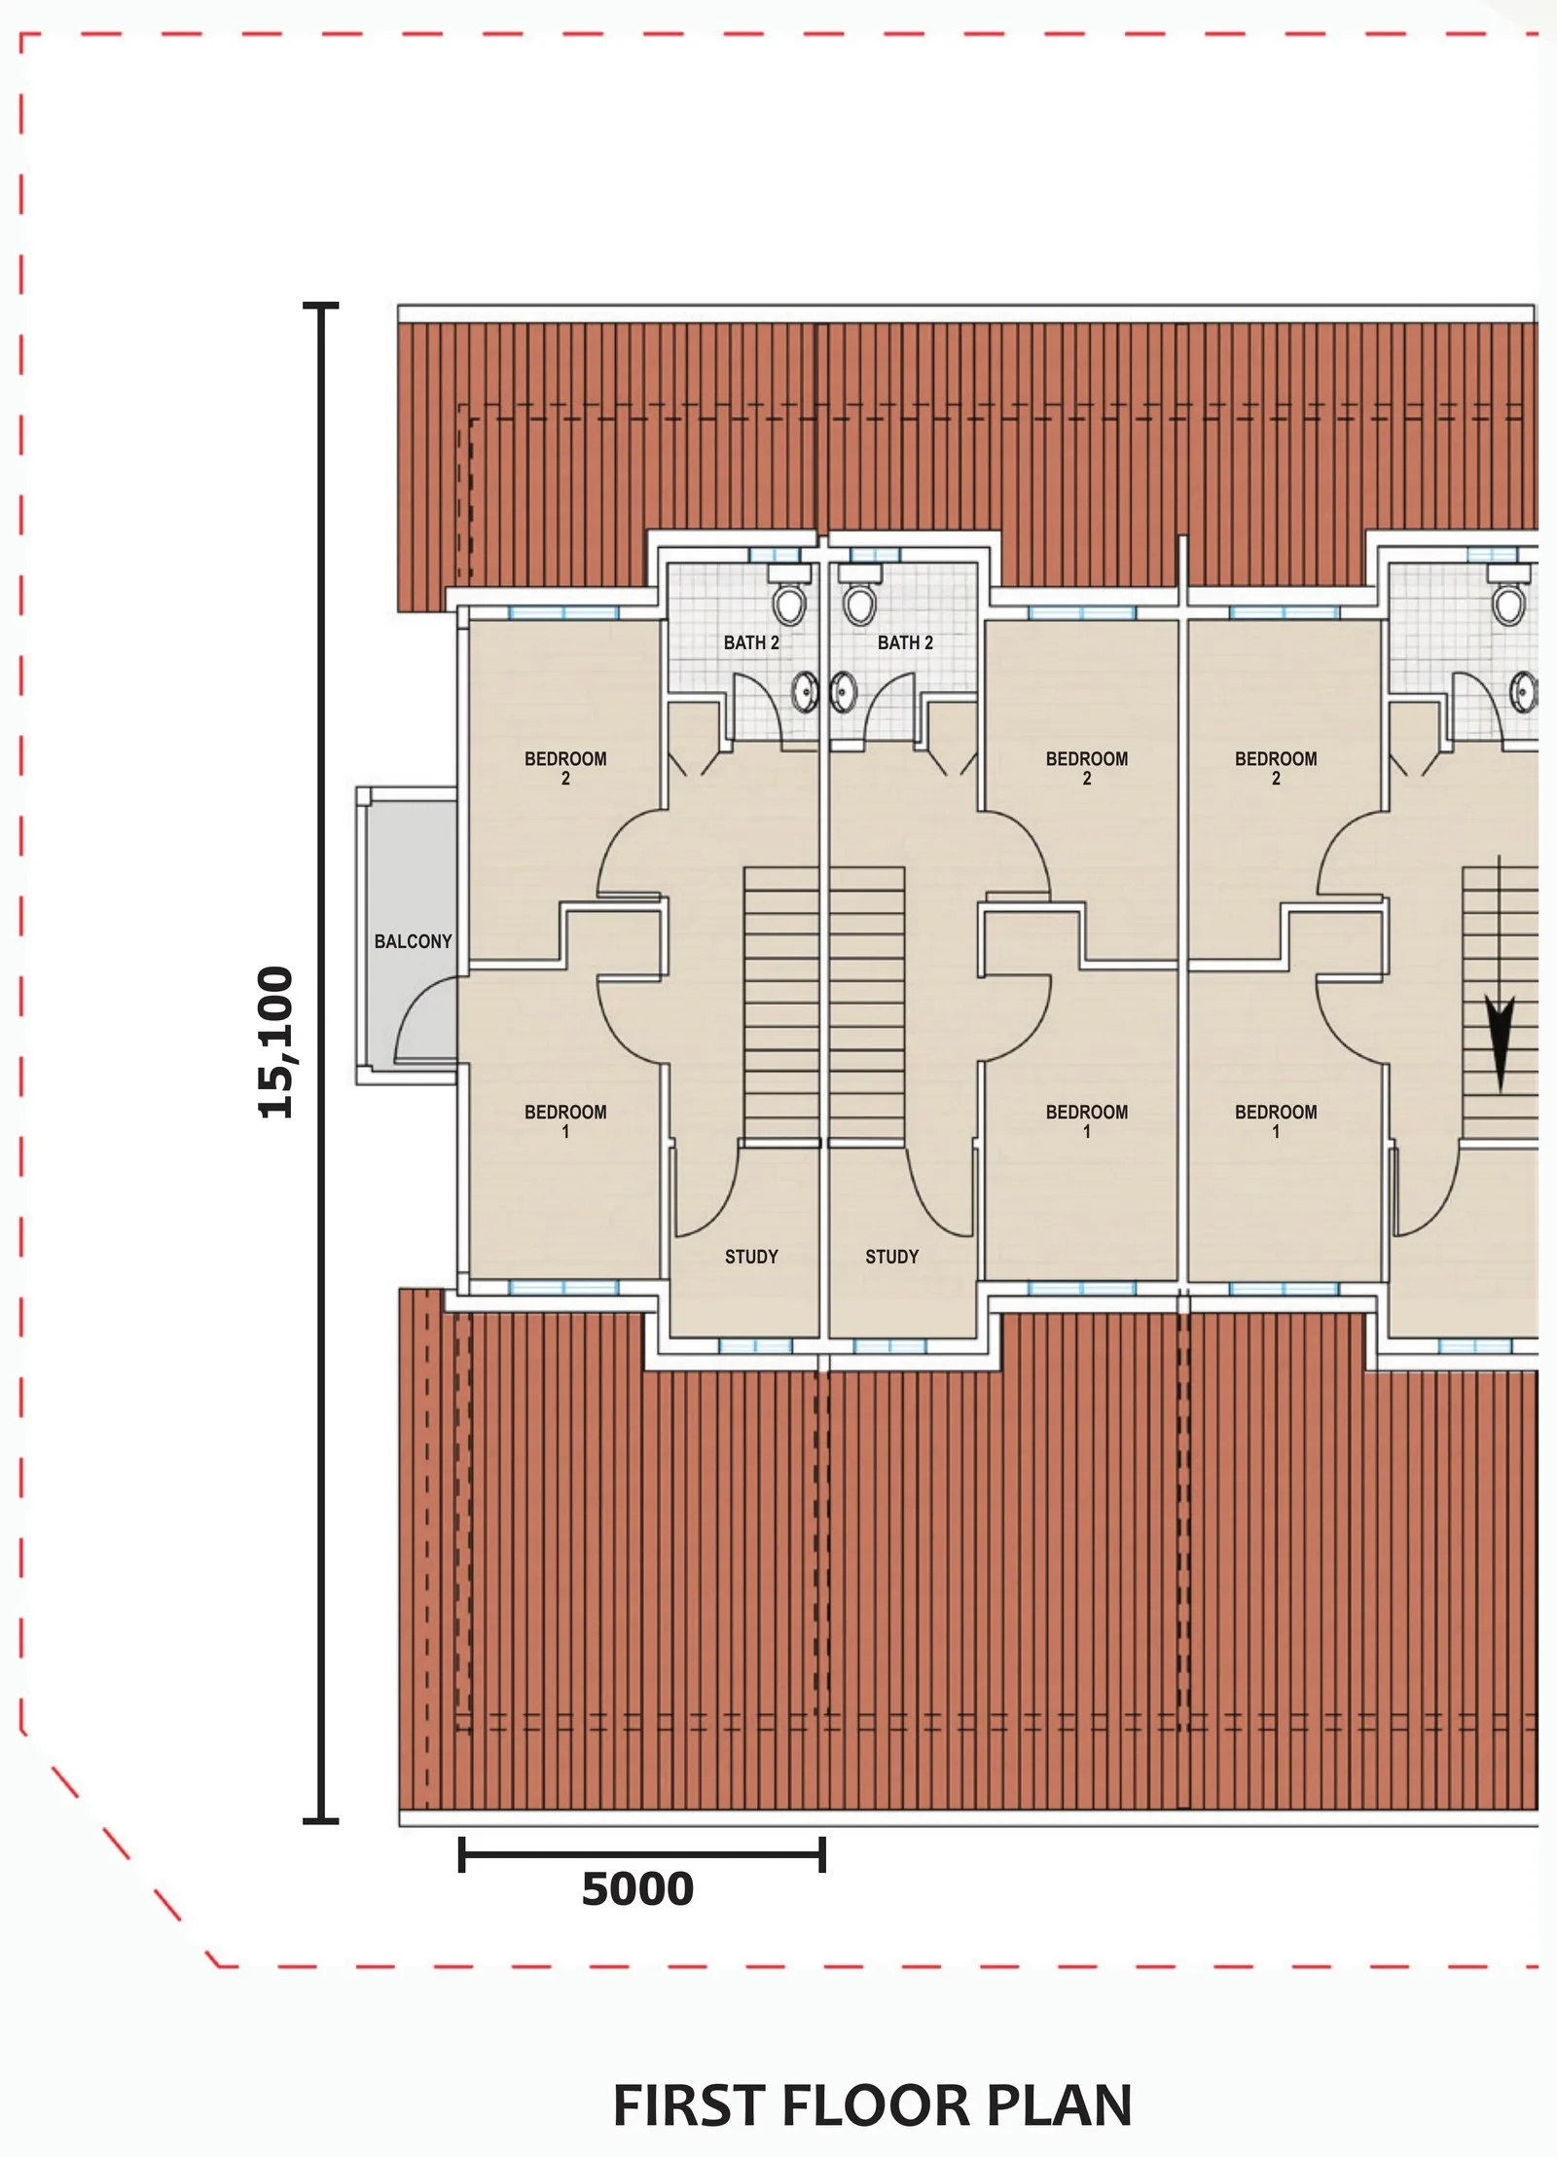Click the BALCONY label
click(413, 941)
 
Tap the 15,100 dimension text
click(275, 1042)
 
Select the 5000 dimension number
click(637, 1889)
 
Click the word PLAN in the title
click(1059, 2105)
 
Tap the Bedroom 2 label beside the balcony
click(565, 768)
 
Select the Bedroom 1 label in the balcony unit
click(565, 1121)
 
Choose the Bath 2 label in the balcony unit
click(751, 642)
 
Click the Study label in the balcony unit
click(751, 1257)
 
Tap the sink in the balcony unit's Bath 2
click(805, 692)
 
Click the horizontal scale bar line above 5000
click(642, 1854)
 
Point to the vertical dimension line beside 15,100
click(321, 1062)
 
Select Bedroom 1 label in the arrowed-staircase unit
click(1276, 1121)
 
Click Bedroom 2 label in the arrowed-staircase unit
click(1276, 768)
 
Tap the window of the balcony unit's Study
click(755, 1346)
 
